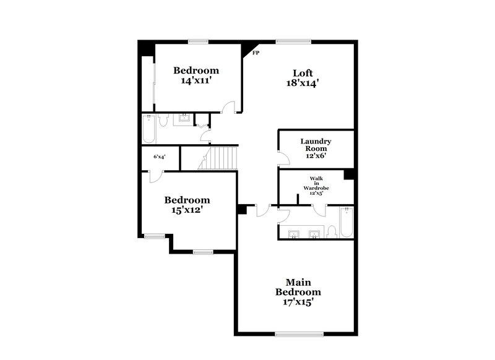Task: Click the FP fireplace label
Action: pos(256,54)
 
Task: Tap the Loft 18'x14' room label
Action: pos(302,77)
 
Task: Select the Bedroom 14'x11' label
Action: pos(196,74)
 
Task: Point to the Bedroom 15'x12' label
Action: pos(186,204)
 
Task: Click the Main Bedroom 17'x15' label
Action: pos(298,291)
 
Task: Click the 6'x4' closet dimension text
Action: pos(159,157)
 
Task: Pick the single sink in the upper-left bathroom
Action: pos(183,119)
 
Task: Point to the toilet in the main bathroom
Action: pos(331,231)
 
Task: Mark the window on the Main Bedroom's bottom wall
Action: pos(293,334)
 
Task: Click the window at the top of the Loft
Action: pos(293,42)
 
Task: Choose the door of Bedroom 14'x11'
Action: pos(229,107)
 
